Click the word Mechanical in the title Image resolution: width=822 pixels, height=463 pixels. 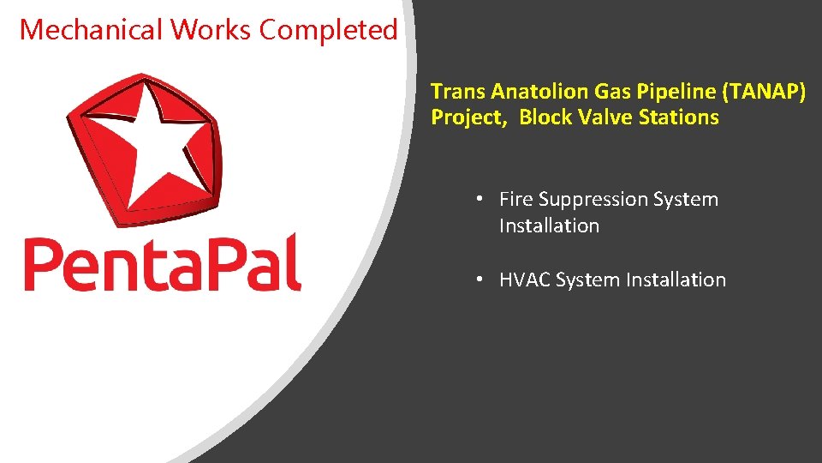(x=91, y=30)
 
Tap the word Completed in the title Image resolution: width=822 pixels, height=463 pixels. (x=329, y=30)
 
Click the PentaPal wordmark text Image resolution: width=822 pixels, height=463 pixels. (x=163, y=261)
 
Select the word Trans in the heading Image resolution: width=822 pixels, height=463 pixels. (x=457, y=92)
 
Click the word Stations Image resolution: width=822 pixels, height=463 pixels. (x=679, y=117)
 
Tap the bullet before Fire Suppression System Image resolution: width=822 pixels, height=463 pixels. (x=481, y=199)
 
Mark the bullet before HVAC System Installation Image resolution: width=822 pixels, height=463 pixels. (x=481, y=280)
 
